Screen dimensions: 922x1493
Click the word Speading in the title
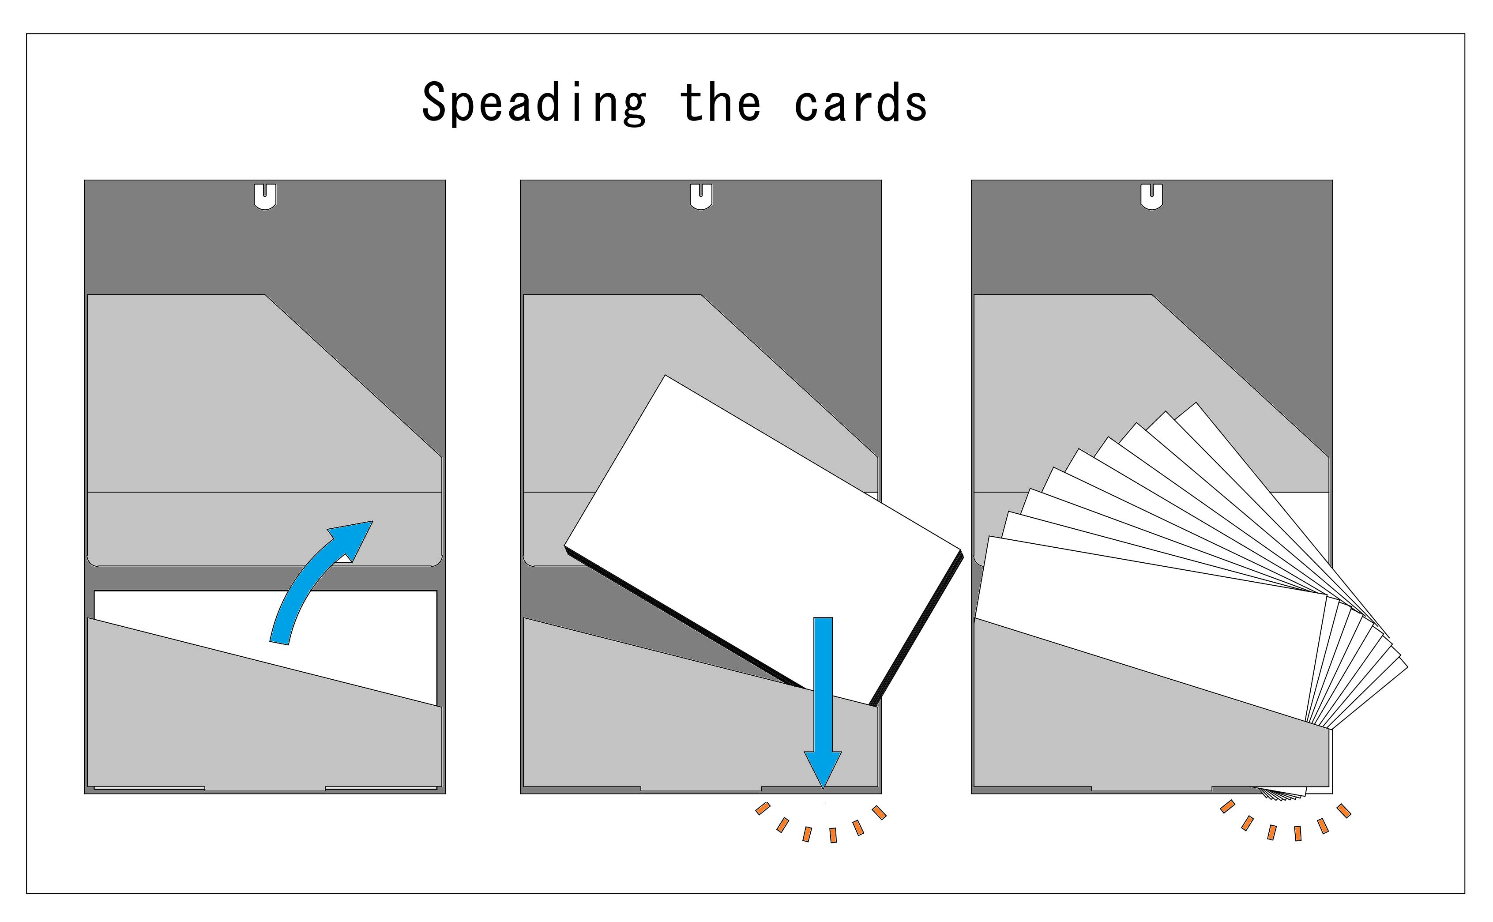(534, 104)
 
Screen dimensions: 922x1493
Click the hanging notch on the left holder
(265, 196)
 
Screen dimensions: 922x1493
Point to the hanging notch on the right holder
(1151, 196)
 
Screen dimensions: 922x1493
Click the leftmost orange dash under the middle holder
(762, 809)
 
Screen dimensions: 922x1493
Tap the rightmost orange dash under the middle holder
(879, 812)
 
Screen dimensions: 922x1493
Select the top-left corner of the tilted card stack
(665, 377)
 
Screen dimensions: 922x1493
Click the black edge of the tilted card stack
(683, 616)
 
